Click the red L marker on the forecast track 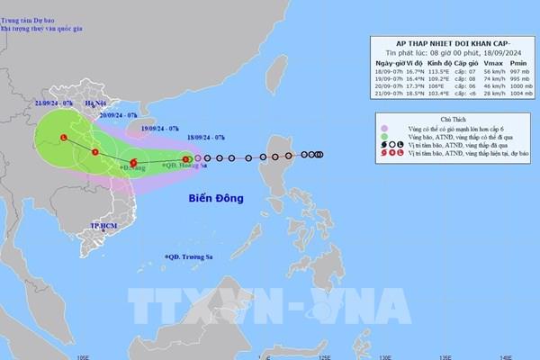pyautogui.click(x=64, y=138)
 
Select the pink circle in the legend pyautogui.click(x=383, y=129)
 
